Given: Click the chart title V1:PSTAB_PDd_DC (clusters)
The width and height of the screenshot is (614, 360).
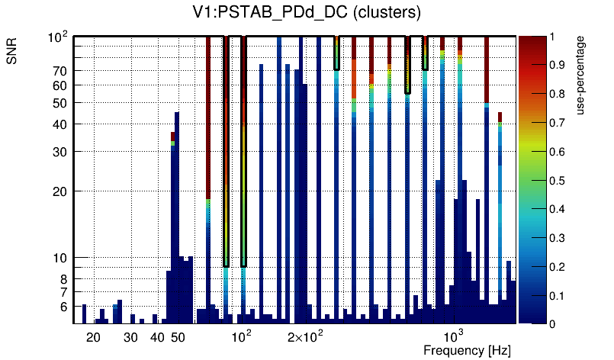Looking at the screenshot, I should point(306,13).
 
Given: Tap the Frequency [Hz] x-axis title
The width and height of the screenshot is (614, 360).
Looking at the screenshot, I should point(467,351).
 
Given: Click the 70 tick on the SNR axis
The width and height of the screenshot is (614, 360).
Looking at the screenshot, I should point(60,71).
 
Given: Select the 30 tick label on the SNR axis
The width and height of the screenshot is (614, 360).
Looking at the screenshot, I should point(60,152).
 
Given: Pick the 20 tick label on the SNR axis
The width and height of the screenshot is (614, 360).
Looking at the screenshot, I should point(60,191).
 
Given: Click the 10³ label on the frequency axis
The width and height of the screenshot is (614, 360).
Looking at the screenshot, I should point(454,336).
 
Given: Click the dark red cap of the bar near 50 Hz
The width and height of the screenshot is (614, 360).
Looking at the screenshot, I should point(173,136).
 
